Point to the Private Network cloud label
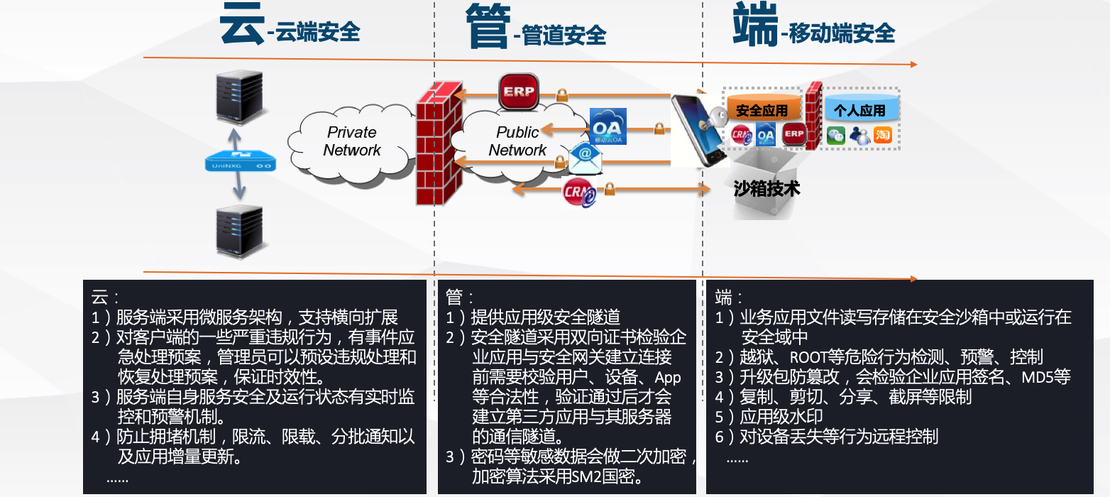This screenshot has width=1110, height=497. pyautogui.click(x=352, y=141)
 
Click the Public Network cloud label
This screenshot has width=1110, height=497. pyautogui.click(x=517, y=141)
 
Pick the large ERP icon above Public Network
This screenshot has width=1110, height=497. pyautogui.click(x=518, y=92)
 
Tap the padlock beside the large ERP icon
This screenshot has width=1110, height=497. pyautogui.click(x=562, y=94)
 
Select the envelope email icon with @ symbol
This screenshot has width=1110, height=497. pyautogui.click(x=585, y=159)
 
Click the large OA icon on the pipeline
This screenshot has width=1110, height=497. pyautogui.click(x=608, y=126)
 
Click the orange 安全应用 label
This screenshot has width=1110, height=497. pyautogui.click(x=762, y=111)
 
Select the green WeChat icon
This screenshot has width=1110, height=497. pyautogui.click(x=836, y=135)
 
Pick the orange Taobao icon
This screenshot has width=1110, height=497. pyautogui.click(x=883, y=135)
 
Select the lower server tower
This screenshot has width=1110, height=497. pyautogui.click(x=239, y=231)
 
